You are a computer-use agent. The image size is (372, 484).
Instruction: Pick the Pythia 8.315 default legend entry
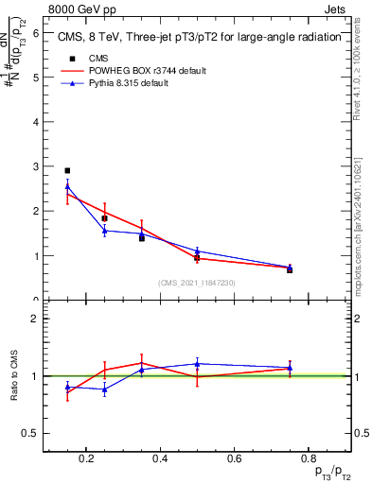[x=127, y=83]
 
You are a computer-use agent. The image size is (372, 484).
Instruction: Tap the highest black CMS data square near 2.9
[x=67, y=171]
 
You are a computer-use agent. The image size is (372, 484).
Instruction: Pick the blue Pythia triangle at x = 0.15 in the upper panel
[x=67, y=186]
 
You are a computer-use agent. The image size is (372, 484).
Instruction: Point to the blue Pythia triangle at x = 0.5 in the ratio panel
[x=197, y=363]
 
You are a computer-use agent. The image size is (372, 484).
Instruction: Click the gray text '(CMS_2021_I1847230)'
[x=197, y=283]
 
